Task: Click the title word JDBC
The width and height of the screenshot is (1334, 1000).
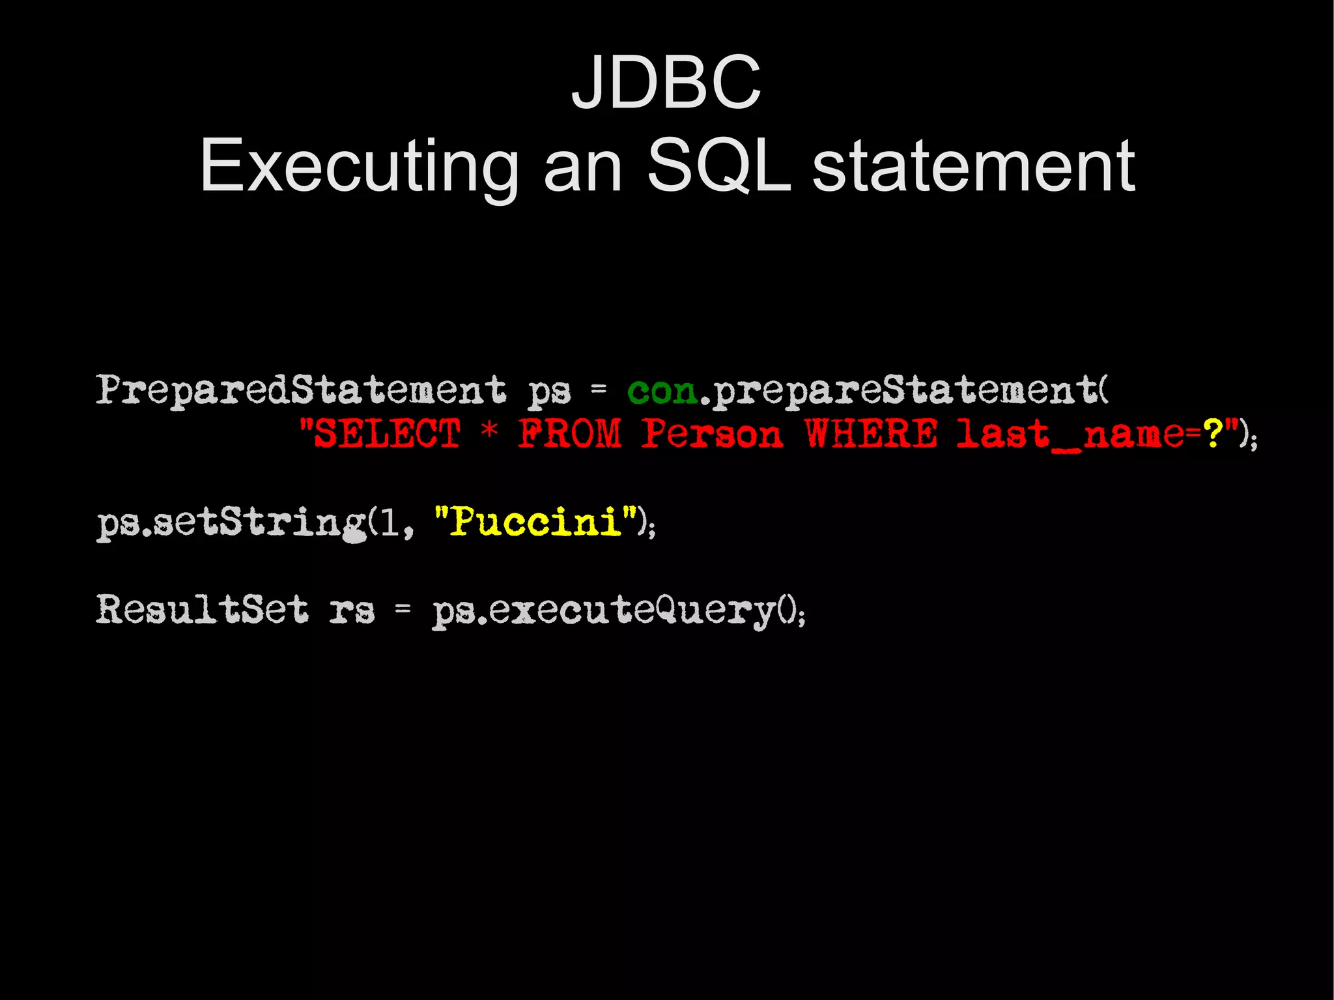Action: tap(666, 83)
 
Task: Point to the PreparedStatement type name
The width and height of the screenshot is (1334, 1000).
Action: tap(300, 390)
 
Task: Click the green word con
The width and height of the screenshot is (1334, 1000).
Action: tap(662, 392)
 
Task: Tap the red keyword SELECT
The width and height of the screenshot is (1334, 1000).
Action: tap(387, 433)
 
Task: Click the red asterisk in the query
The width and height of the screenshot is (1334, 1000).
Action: tap(489, 431)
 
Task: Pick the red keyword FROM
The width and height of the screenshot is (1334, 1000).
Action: tap(570, 433)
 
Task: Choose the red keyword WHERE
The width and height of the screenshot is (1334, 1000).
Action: tap(871, 433)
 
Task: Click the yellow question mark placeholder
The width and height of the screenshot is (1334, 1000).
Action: tap(1213, 433)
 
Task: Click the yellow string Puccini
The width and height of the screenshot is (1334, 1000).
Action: tap(535, 522)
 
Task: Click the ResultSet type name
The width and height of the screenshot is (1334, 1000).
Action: tap(202, 610)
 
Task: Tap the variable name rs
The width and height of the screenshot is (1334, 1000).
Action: tap(352, 611)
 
